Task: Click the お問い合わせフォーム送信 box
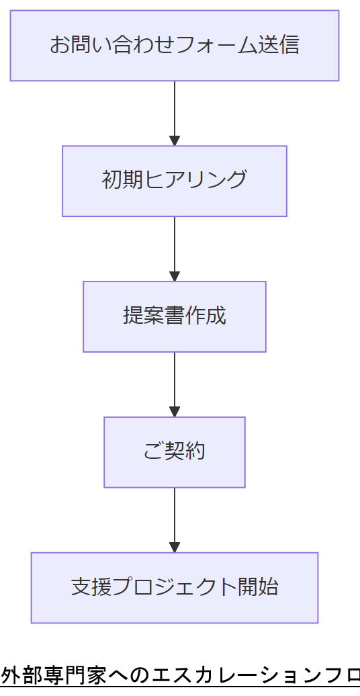pos(175,46)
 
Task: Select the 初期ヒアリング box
pos(175,181)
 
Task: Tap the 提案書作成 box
pos(175,316)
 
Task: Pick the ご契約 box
pos(175,452)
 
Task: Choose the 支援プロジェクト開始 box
pos(175,588)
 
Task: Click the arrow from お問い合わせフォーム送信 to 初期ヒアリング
pos(175,111)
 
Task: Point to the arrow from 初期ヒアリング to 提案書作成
pos(175,247)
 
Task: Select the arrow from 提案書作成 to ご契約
pos(175,382)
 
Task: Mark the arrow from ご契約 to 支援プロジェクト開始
pos(175,518)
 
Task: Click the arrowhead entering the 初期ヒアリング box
pos(175,141)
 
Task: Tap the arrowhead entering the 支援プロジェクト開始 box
pos(175,548)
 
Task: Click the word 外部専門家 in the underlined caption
pos(54,675)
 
